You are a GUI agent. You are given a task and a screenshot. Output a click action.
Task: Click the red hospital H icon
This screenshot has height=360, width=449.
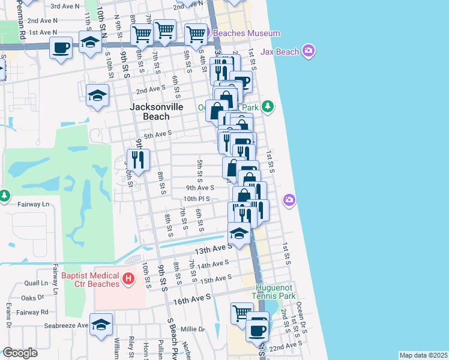[x=127, y=279]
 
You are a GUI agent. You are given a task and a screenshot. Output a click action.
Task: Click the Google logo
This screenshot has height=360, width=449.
[x=20, y=353]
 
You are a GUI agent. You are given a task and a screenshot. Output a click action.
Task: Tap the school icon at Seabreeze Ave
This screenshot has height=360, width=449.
[x=101, y=324]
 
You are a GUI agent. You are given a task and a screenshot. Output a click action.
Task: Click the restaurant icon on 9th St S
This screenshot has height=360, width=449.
[x=139, y=159]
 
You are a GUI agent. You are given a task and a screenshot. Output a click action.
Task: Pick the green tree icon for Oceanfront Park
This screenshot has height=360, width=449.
[x=268, y=107]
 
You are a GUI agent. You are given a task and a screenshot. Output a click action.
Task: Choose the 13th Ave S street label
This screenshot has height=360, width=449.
[x=212, y=248]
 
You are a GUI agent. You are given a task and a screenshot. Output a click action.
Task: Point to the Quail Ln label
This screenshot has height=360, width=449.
[x=36, y=283]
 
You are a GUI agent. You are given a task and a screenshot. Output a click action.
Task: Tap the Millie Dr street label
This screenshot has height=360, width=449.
[x=193, y=329]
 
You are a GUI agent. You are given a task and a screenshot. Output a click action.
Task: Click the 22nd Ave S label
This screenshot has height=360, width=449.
[x=286, y=346]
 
